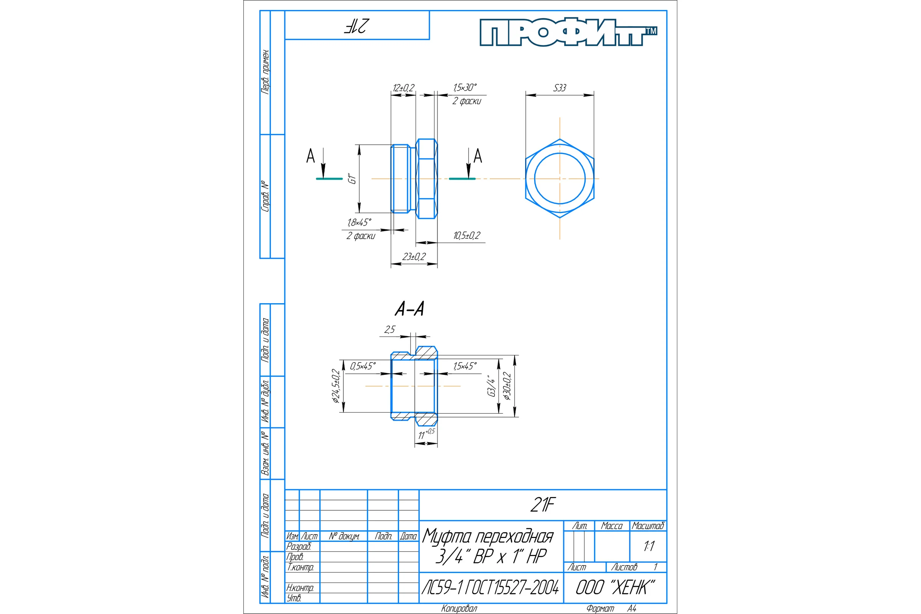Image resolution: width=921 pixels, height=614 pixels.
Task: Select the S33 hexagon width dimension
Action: coord(560,88)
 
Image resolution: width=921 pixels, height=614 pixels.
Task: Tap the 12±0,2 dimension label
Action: coord(403,88)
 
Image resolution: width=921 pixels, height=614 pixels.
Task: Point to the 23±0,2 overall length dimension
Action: coord(414,257)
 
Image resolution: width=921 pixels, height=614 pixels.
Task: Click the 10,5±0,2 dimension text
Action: coord(467,236)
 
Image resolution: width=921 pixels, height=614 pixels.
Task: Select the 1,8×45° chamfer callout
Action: coord(359,223)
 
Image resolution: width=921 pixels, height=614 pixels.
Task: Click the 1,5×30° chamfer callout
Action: coord(465,87)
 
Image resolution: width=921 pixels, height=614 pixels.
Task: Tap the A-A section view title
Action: coord(409,309)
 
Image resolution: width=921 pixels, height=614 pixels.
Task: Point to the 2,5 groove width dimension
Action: coord(390,330)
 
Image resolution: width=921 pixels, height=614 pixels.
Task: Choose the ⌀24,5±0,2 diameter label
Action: coord(336,386)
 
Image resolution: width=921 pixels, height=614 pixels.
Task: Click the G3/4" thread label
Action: coord(491,386)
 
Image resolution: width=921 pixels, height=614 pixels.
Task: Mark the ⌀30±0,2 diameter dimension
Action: coord(507,386)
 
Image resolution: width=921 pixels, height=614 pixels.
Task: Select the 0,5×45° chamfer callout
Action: coord(363,366)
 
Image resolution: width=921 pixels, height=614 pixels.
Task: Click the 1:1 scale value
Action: coord(649,546)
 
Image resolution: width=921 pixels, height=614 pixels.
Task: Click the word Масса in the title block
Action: coord(612,526)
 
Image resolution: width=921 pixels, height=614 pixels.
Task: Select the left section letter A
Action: coord(310,156)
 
